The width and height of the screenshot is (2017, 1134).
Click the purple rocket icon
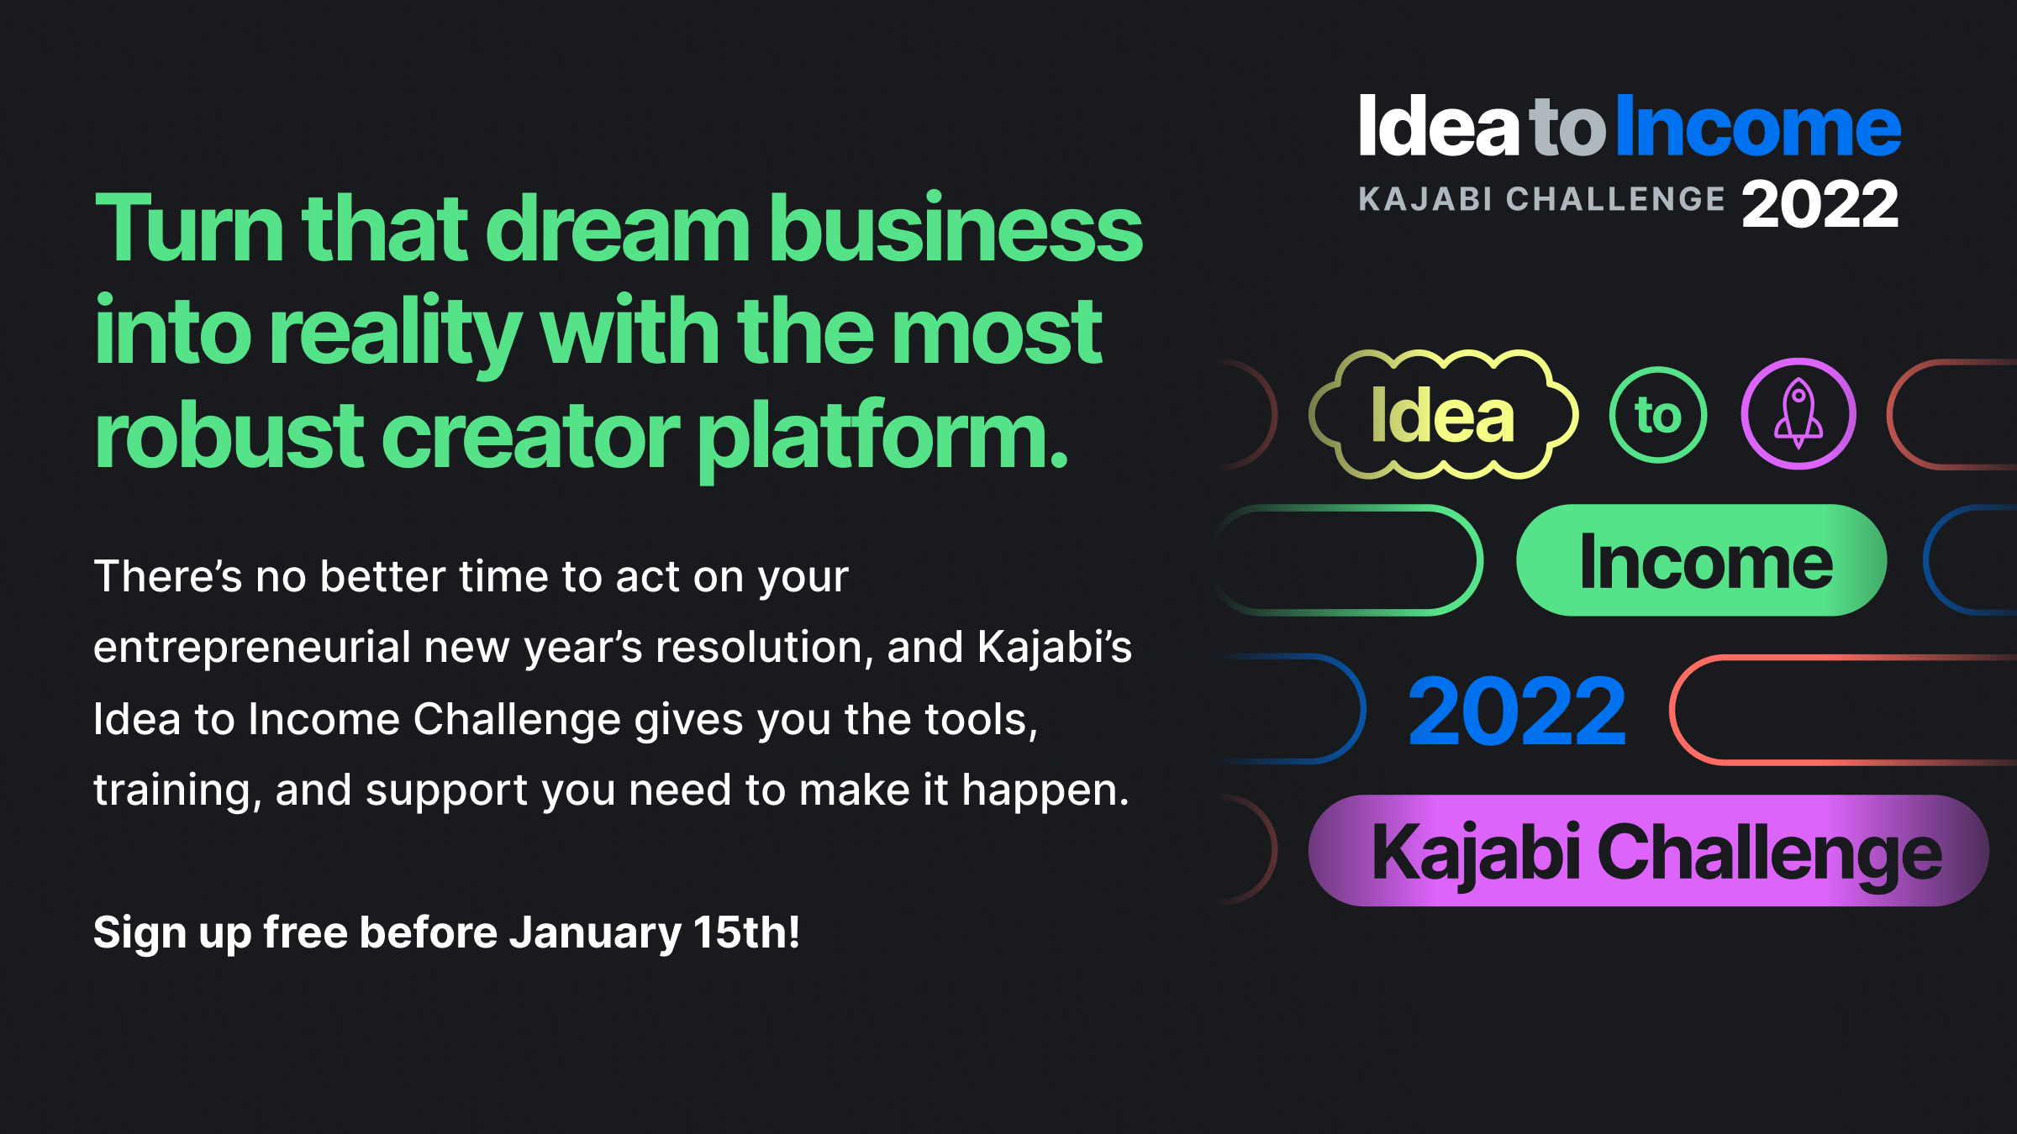click(1798, 413)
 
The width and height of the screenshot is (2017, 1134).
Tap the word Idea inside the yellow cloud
click(1442, 415)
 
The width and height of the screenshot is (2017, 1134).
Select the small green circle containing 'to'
click(1658, 415)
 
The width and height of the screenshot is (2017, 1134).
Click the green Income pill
click(1702, 560)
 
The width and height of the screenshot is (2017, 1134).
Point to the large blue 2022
click(1517, 712)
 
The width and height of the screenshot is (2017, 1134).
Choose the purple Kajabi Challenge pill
click(1649, 850)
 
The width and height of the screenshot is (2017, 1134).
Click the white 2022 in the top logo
click(1820, 205)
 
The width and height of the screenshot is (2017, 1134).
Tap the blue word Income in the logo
click(1758, 126)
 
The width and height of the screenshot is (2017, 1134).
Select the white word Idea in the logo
click(1439, 125)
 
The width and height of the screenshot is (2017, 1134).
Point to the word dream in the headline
click(618, 228)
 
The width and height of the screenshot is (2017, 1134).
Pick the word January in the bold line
click(596, 934)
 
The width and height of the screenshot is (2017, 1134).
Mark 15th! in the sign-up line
click(747, 932)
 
